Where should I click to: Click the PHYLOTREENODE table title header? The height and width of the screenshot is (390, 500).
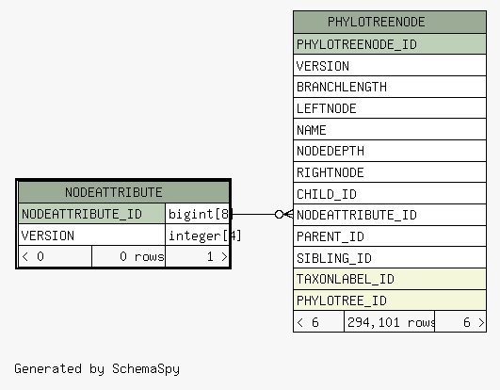pyautogui.click(x=390, y=22)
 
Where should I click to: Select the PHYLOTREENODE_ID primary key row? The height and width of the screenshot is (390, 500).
pyautogui.click(x=390, y=44)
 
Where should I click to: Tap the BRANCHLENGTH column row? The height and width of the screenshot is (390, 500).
pyautogui.click(x=390, y=87)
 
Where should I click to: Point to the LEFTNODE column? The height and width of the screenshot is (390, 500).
pyautogui.click(x=390, y=108)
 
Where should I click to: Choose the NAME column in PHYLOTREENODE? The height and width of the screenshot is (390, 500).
pyautogui.click(x=390, y=130)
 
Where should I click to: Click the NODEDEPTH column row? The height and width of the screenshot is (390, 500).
pyautogui.click(x=390, y=151)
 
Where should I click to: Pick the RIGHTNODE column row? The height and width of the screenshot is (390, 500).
pyautogui.click(x=390, y=172)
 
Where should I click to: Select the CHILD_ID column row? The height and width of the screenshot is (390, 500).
pyautogui.click(x=390, y=194)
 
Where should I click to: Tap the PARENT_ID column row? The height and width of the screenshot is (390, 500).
pyautogui.click(x=390, y=236)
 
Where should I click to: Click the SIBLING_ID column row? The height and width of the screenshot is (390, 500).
pyautogui.click(x=390, y=258)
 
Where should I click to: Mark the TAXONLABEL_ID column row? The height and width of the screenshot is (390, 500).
pyautogui.click(x=390, y=280)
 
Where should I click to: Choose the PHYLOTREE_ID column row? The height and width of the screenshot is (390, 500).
pyautogui.click(x=390, y=301)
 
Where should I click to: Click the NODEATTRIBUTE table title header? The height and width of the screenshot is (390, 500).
pyautogui.click(x=123, y=192)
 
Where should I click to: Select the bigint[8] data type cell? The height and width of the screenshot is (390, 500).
pyautogui.click(x=198, y=214)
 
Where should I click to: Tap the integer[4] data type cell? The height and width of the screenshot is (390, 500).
pyautogui.click(x=198, y=236)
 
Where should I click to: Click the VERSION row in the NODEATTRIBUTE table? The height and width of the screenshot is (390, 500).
pyautogui.click(x=92, y=236)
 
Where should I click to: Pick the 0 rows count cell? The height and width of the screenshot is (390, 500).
pyautogui.click(x=128, y=257)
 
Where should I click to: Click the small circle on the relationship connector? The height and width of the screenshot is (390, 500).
pyautogui.click(x=279, y=214)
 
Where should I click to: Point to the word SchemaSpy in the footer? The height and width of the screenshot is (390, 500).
pyautogui.click(x=146, y=369)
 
